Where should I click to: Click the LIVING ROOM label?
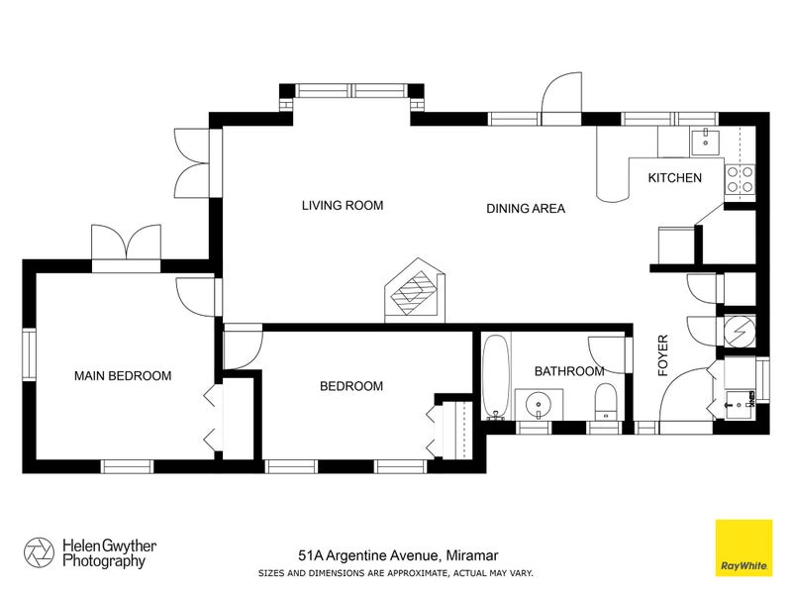(x=342, y=206)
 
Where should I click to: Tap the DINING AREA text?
(x=525, y=209)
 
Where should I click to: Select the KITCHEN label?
(x=674, y=178)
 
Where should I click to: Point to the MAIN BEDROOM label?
(x=123, y=376)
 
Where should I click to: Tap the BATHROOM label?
(x=568, y=371)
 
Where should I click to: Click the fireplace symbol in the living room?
(x=416, y=292)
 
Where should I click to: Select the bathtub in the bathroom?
(x=496, y=377)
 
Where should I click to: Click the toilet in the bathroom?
(x=606, y=402)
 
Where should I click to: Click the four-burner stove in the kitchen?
(x=740, y=178)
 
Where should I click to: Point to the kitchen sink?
(x=706, y=141)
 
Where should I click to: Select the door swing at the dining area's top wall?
(x=559, y=97)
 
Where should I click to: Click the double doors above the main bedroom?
(x=126, y=244)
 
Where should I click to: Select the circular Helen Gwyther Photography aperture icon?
(x=39, y=552)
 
